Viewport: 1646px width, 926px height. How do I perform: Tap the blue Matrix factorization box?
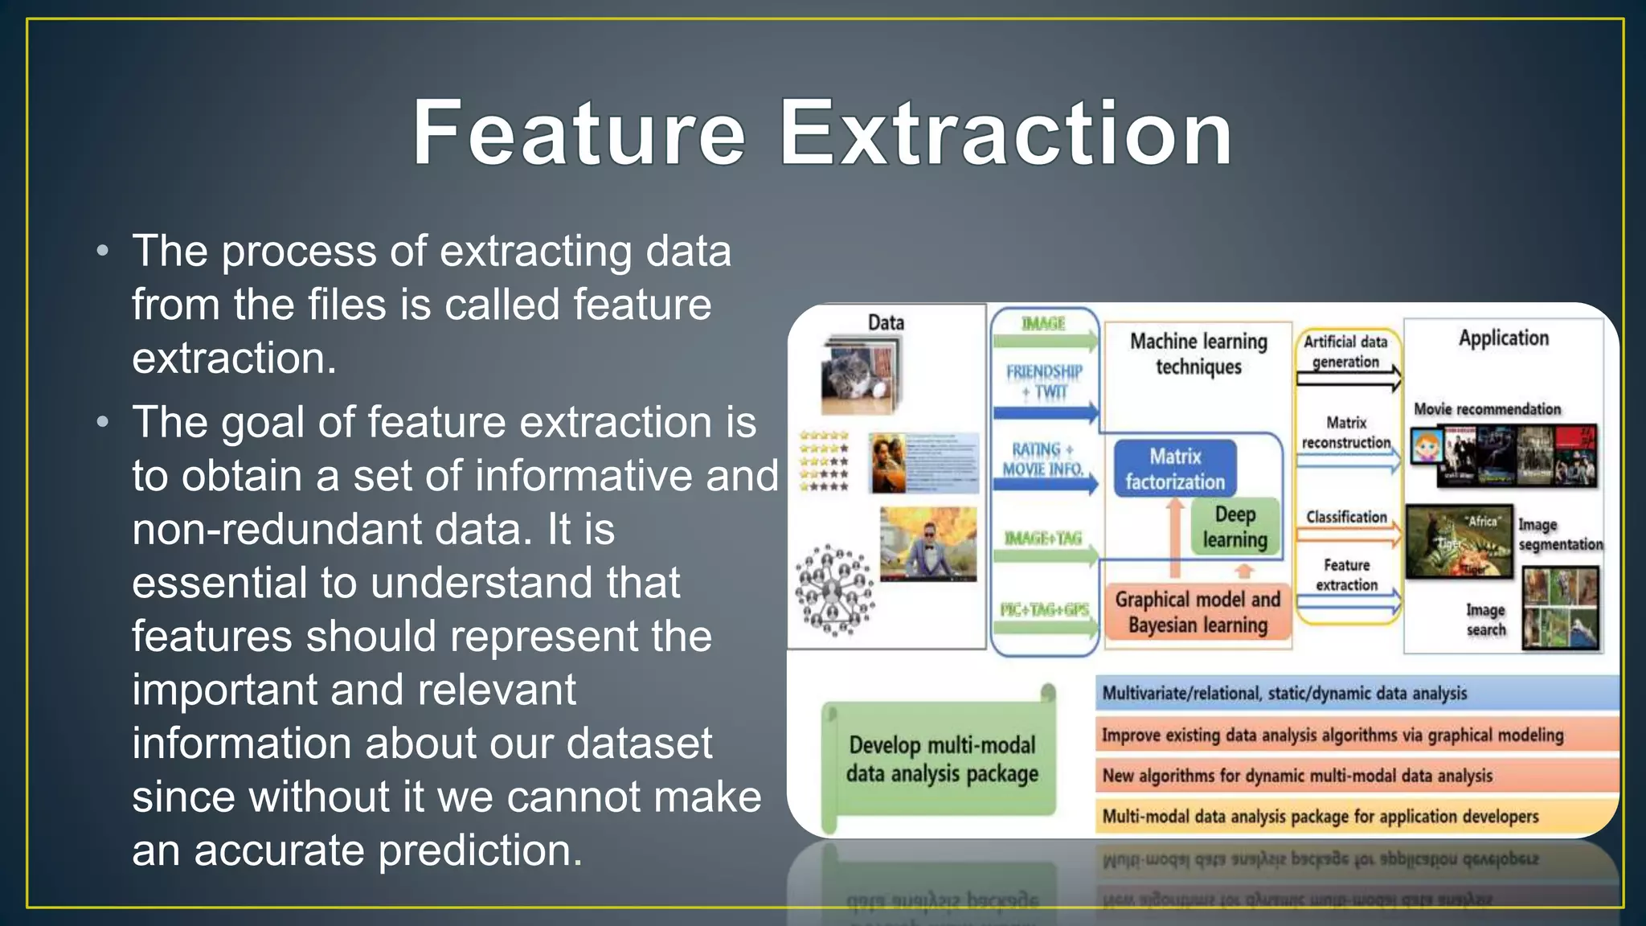[x=1174, y=469]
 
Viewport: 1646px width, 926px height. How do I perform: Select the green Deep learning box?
[x=1234, y=527]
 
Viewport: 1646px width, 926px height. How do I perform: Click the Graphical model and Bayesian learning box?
[x=1197, y=612]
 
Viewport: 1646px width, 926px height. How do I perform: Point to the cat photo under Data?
[x=859, y=376]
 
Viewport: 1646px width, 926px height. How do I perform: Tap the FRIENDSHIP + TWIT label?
[x=1044, y=382]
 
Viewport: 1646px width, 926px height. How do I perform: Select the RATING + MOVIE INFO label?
[x=1042, y=459]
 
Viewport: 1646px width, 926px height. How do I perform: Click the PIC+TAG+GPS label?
[x=1044, y=609]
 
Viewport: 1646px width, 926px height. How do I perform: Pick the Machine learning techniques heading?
[x=1198, y=354]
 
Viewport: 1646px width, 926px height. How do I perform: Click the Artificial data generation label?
[x=1345, y=351]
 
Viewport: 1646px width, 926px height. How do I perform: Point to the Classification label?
[x=1346, y=517]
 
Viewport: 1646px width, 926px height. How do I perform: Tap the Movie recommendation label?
[x=1487, y=409]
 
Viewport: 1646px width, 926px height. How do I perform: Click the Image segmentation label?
[x=1559, y=535]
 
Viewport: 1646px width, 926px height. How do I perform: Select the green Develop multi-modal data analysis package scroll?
[x=941, y=760]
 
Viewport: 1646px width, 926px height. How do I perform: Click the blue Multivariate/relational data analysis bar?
[x=1356, y=693]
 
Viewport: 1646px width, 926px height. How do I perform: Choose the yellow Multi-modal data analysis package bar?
[x=1356, y=817]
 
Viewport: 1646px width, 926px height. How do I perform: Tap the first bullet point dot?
[x=102, y=252]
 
